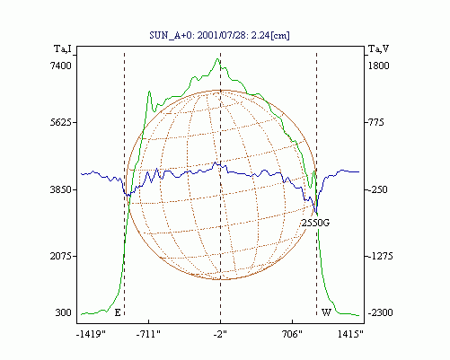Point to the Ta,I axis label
point(63,48)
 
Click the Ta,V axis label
point(378,48)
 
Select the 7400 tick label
point(60,66)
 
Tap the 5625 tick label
point(60,122)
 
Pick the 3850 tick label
point(60,189)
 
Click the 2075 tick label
point(60,256)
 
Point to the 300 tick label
point(63,312)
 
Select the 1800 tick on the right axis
point(378,66)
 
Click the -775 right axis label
point(375,122)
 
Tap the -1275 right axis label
point(380,256)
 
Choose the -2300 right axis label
point(380,312)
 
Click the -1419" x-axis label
point(91,334)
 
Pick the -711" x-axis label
point(148,334)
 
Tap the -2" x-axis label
point(220,334)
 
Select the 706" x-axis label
point(292,334)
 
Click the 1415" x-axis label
point(350,334)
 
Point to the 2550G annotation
point(315,223)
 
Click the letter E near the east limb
point(118,313)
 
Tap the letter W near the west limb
point(326,312)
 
